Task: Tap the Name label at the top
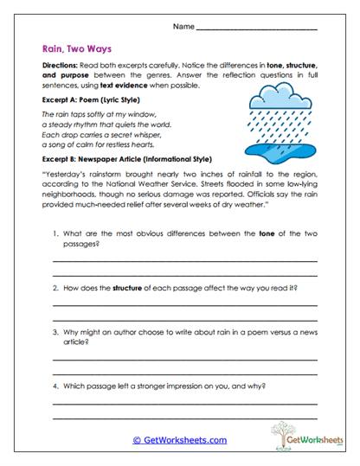pyautogui.click(x=183, y=28)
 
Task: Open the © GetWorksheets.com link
pyautogui.click(x=180, y=440)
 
